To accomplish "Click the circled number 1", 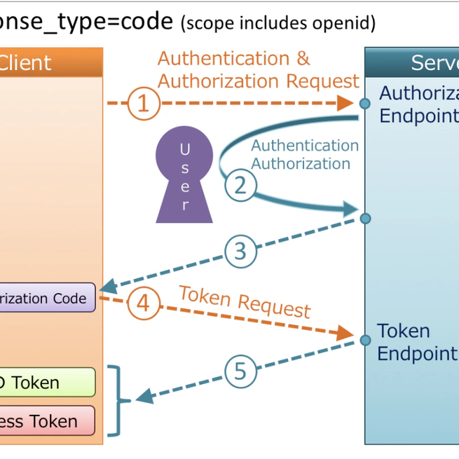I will (144, 104).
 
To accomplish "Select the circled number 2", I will (240, 186).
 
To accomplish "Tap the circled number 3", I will (240, 251).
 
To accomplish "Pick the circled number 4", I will (144, 303).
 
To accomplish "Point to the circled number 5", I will (240, 371).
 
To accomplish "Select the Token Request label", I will (245, 302).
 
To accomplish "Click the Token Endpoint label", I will (416, 342).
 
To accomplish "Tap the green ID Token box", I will (47, 383).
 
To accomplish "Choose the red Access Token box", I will (47, 421).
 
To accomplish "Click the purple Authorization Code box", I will (48, 298).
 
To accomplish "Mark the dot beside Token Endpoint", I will (365, 341).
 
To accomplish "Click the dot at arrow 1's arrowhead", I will (365, 104).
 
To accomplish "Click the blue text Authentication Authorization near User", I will (304, 155).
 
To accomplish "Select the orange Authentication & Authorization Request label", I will (258, 69).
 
